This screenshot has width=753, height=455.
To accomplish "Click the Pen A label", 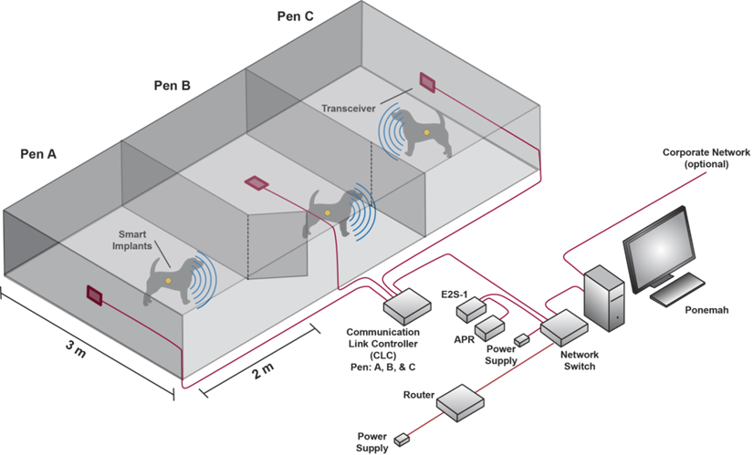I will [x=38, y=154].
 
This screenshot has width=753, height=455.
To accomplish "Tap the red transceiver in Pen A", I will [x=94, y=295].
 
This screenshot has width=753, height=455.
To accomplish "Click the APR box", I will [x=489, y=327].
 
